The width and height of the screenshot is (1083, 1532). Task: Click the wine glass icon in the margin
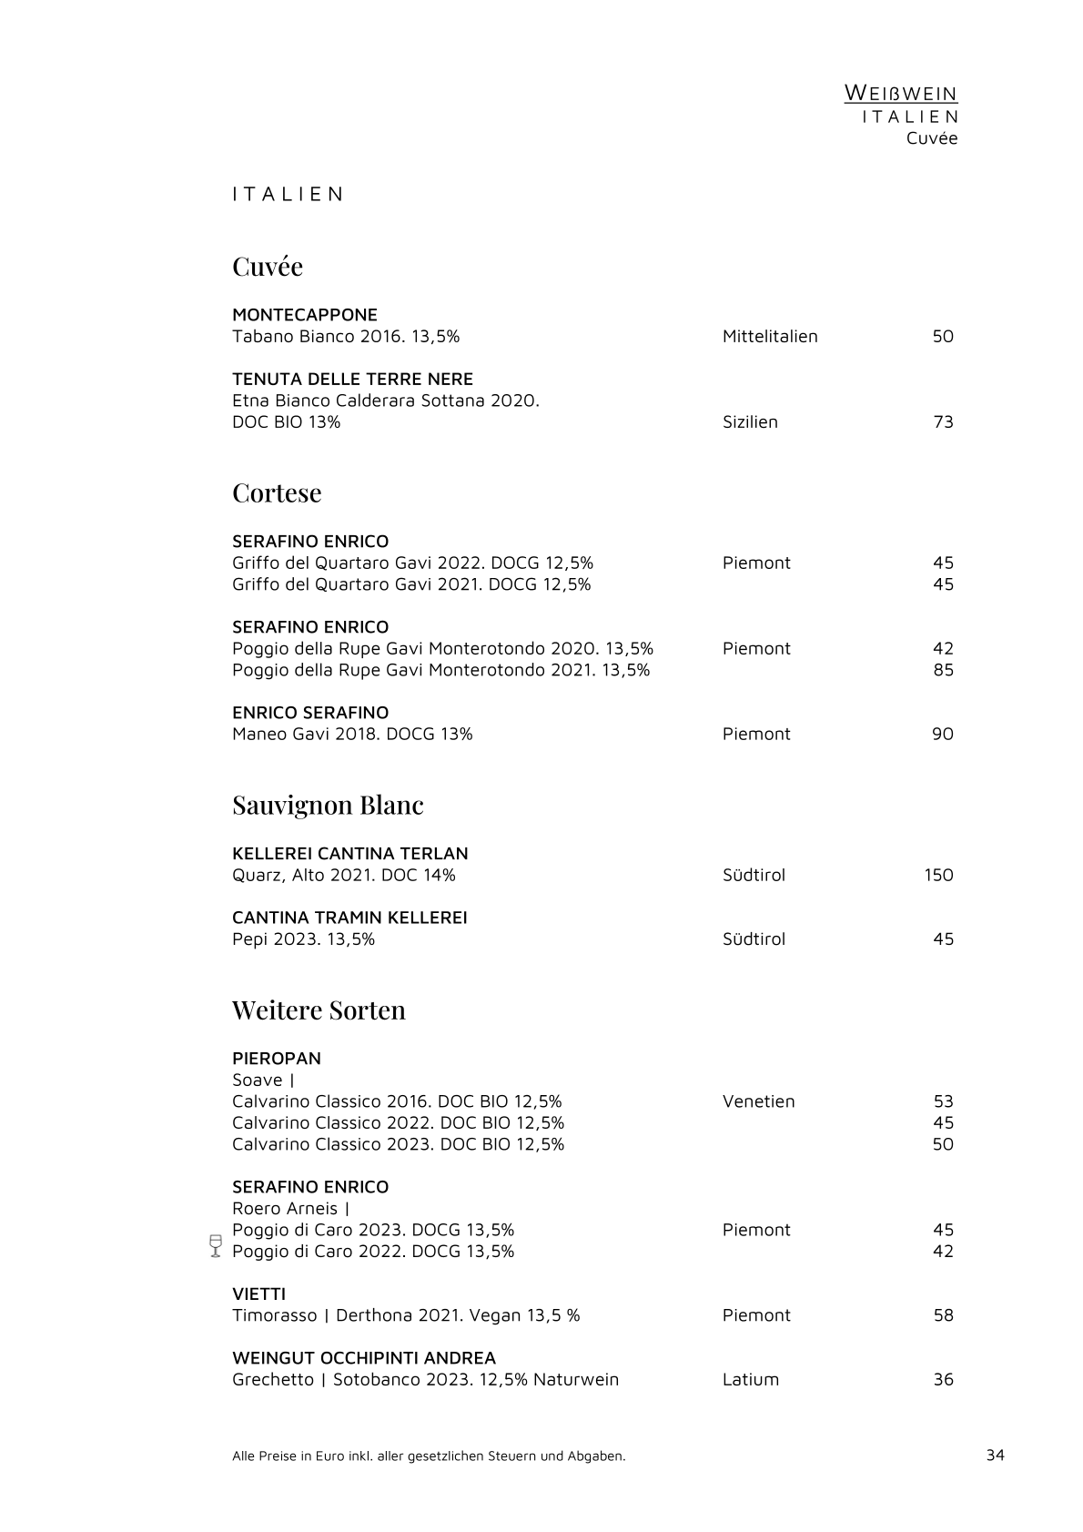point(216,1245)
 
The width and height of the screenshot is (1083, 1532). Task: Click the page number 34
point(995,1455)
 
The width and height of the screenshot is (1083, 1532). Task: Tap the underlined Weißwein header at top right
point(900,93)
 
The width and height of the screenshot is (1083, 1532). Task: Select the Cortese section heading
point(277,492)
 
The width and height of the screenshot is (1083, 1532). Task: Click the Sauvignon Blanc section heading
point(328,805)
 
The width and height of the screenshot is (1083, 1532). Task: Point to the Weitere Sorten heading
point(319,1009)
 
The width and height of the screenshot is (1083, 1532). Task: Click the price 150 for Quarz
point(938,875)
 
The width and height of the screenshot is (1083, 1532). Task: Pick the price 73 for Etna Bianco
point(943,421)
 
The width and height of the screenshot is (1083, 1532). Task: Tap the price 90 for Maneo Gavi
point(942,734)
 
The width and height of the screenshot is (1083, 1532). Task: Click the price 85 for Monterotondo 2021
point(943,670)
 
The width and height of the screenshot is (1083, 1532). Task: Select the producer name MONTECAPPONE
point(305,315)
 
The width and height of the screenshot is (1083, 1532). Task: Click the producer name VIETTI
point(258,1294)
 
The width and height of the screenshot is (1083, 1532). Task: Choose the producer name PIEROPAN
point(277,1059)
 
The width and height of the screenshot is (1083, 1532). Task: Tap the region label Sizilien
point(750,421)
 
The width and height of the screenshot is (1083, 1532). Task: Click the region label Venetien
point(758,1101)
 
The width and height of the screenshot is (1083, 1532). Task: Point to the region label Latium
point(751,1379)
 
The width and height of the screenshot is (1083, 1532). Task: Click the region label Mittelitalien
point(770,336)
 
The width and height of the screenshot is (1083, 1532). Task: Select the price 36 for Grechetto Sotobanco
point(943,1379)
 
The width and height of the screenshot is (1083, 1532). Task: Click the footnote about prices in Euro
point(429,1456)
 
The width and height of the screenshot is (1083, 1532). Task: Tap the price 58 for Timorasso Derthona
point(943,1315)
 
